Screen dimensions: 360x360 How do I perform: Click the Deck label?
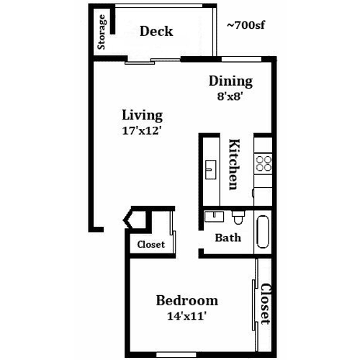(x=156, y=31)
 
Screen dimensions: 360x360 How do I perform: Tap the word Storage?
(x=102, y=32)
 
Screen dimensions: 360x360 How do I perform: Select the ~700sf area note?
(x=246, y=25)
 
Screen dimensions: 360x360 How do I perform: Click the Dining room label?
(x=230, y=81)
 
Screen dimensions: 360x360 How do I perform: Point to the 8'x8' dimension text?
(x=230, y=96)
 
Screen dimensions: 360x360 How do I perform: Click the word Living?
(x=143, y=115)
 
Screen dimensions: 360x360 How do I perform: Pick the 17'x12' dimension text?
(x=141, y=131)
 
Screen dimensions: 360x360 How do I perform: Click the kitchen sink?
(x=211, y=170)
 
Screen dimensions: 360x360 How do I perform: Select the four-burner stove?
(x=264, y=163)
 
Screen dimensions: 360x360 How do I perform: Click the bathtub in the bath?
(x=263, y=232)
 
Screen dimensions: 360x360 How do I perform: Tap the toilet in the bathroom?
(x=238, y=217)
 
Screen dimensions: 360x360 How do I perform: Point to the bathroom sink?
(x=214, y=216)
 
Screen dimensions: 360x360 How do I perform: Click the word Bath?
(x=228, y=238)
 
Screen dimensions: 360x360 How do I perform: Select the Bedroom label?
(x=187, y=301)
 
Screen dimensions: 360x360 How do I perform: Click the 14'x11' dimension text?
(x=186, y=316)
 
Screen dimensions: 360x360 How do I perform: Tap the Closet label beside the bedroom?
(x=266, y=304)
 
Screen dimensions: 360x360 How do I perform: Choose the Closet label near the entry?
(x=151, y=245)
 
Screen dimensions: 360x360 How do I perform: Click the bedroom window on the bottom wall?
(x=176, y=355)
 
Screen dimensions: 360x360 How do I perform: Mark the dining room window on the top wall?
(x=241, y=59)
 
